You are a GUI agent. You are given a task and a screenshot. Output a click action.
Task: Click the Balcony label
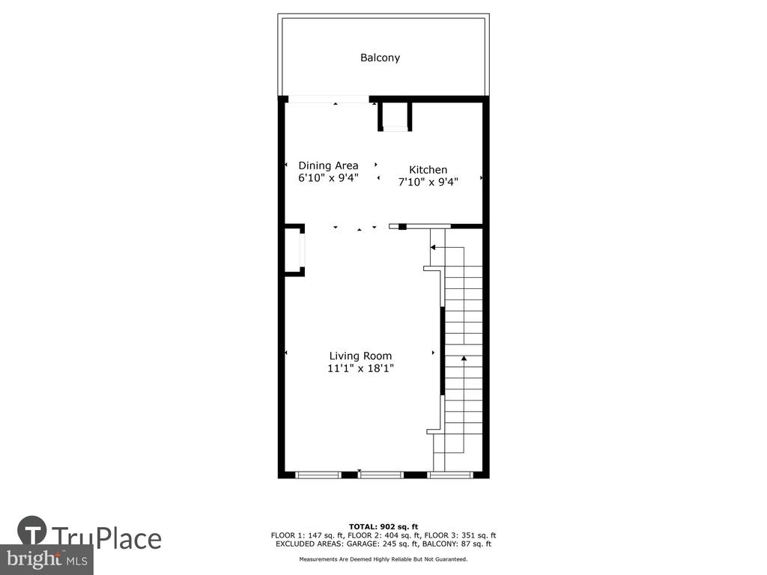380,58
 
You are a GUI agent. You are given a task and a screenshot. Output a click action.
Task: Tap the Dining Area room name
328,165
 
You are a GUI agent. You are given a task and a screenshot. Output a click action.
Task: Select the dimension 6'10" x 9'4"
328,178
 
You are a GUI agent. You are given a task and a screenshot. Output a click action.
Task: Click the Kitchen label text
428,170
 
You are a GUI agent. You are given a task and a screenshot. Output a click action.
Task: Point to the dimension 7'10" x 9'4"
428,182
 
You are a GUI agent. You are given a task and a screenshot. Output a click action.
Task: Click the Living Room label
360,356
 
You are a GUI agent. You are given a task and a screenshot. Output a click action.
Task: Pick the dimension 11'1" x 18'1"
360,368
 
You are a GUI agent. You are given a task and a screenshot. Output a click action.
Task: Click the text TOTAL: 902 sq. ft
383,526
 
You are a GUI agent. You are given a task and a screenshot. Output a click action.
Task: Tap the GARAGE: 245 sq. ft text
383,544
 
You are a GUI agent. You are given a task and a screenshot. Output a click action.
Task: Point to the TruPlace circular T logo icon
32,530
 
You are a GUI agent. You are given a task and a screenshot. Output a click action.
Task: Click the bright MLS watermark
46,559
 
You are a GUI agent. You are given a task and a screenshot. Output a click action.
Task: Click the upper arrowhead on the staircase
433,248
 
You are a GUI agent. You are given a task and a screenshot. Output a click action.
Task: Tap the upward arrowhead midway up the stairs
464,359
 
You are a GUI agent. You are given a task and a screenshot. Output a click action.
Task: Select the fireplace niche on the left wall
295,250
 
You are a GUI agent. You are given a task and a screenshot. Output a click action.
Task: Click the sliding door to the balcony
328,100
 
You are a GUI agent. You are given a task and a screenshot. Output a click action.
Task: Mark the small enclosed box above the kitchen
395,116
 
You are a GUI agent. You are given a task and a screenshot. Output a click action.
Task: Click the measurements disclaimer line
383,559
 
